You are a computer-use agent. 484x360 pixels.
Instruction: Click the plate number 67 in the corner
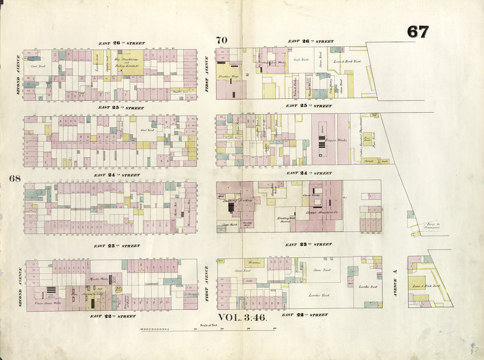coord(418,32)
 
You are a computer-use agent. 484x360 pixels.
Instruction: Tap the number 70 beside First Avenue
coord(222,40)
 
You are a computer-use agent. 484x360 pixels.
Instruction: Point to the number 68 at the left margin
coord(14,178)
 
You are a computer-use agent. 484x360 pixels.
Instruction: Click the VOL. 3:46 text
coord(242,317)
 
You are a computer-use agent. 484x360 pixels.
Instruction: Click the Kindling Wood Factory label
coord(285,219)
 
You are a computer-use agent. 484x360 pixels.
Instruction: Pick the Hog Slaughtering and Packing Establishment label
coord(125,62)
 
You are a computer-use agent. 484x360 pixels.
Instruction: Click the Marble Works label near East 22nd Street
coord(96,279)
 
